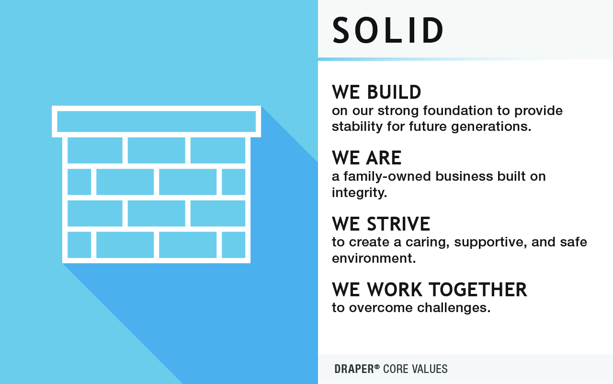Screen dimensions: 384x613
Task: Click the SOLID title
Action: [x=388, y=31]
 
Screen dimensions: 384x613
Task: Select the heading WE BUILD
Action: [x=376, y=92]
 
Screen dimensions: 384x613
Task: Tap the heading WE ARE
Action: [x=366, y=158]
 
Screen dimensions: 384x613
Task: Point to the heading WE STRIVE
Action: [x=381, y=224]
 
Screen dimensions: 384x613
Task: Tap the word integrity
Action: [x=359, y=193]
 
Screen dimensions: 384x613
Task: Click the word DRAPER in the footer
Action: [x=354, y=369]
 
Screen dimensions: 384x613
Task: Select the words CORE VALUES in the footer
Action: [x=415, y=369]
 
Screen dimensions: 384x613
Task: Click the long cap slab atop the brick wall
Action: [x=156, y=121]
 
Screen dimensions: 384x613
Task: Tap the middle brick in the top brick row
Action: [x=156, y=150]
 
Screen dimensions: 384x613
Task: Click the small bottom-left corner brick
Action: [x=79, y=244]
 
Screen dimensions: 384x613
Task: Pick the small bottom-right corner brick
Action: [x=233, y=244]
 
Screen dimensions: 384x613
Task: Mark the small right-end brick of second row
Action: [x=233, y=182]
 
